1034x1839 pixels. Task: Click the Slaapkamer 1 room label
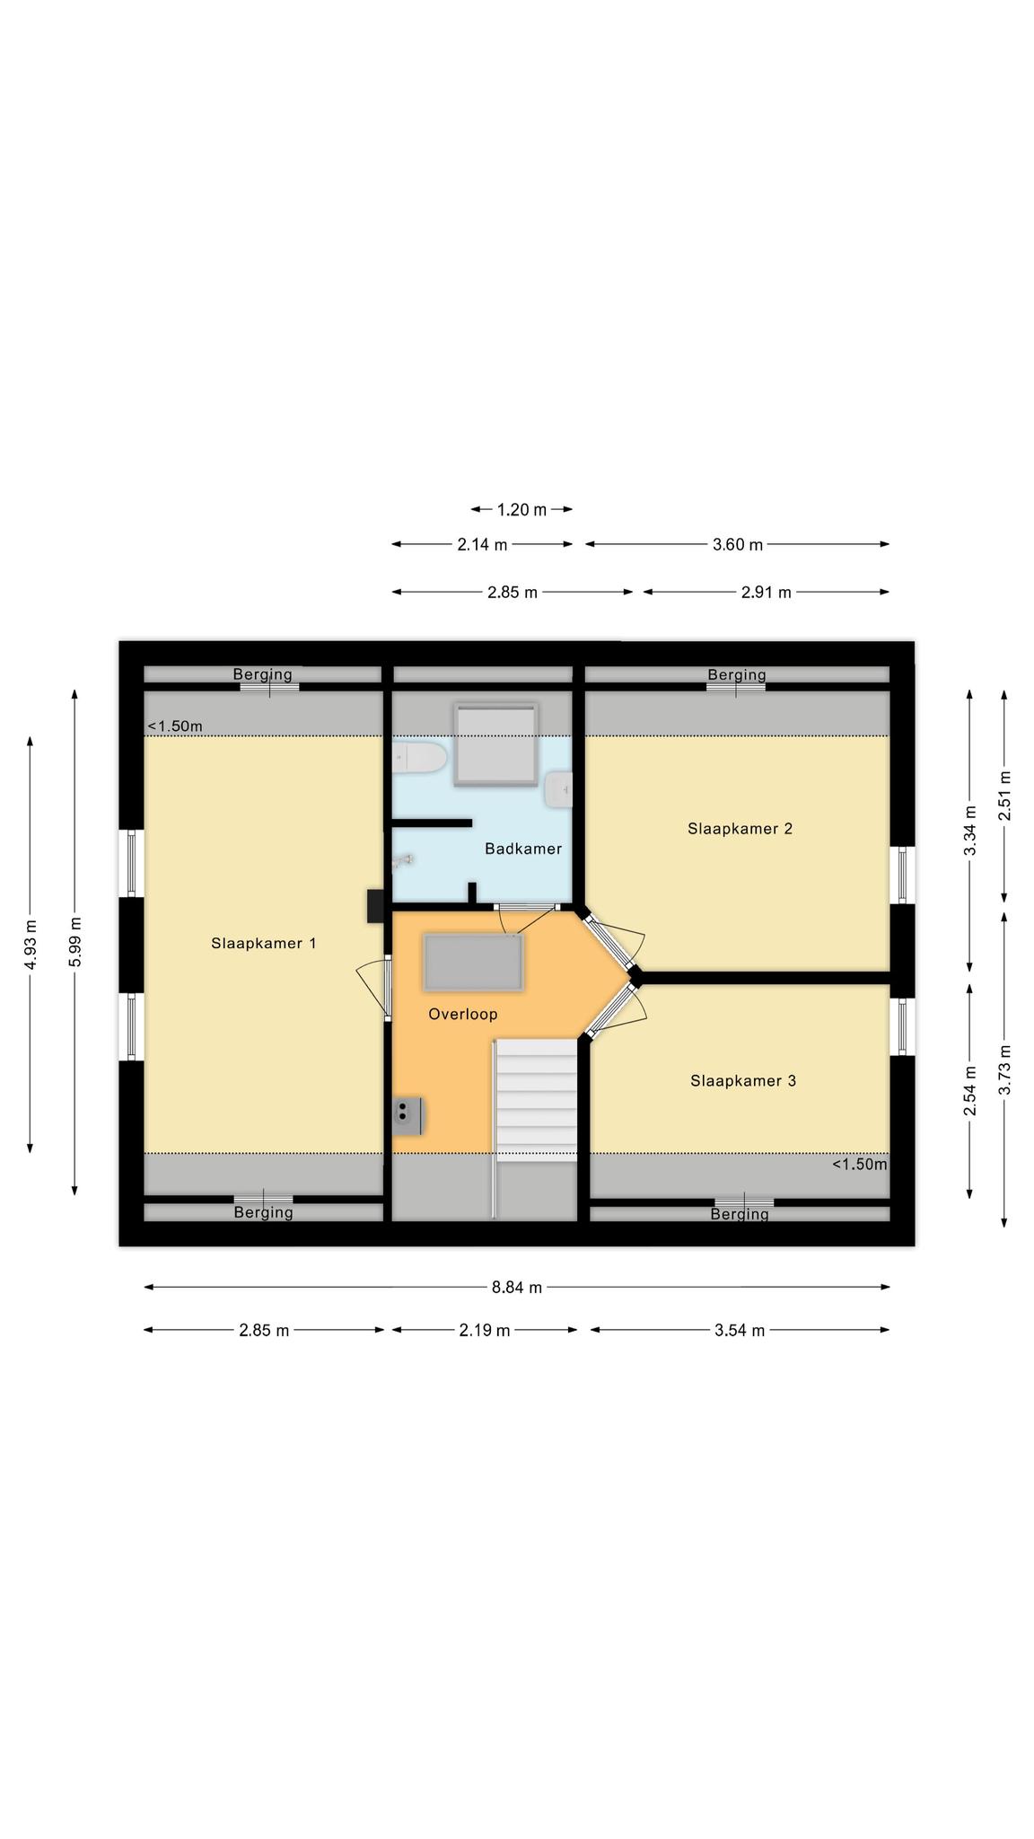pos(263,943)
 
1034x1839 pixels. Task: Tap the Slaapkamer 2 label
pos(740,828)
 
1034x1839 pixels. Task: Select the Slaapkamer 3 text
pos(743,1080)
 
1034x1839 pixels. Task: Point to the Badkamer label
pos(523,849)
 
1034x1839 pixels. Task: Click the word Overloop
pos(462,1014)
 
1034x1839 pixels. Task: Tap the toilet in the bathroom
pos(419,758)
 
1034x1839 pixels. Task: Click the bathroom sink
pos(558,788)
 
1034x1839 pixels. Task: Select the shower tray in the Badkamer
pos(496,744)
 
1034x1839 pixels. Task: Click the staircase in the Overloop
pos(536,1101)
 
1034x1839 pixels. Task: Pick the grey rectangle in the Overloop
pos(473,963)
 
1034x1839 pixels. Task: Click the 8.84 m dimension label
pos(516,1287)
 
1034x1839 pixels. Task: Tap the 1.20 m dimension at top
pos(521,510)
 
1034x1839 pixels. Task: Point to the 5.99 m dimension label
pos(75,942)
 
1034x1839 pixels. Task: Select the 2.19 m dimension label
pos(484,1330)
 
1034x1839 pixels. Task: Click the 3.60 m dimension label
pos(738,544)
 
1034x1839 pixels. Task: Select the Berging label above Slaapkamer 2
pos(737,674)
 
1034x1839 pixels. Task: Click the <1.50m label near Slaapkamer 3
pos(859,1165)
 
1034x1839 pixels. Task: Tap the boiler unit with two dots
pos(408,1115)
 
